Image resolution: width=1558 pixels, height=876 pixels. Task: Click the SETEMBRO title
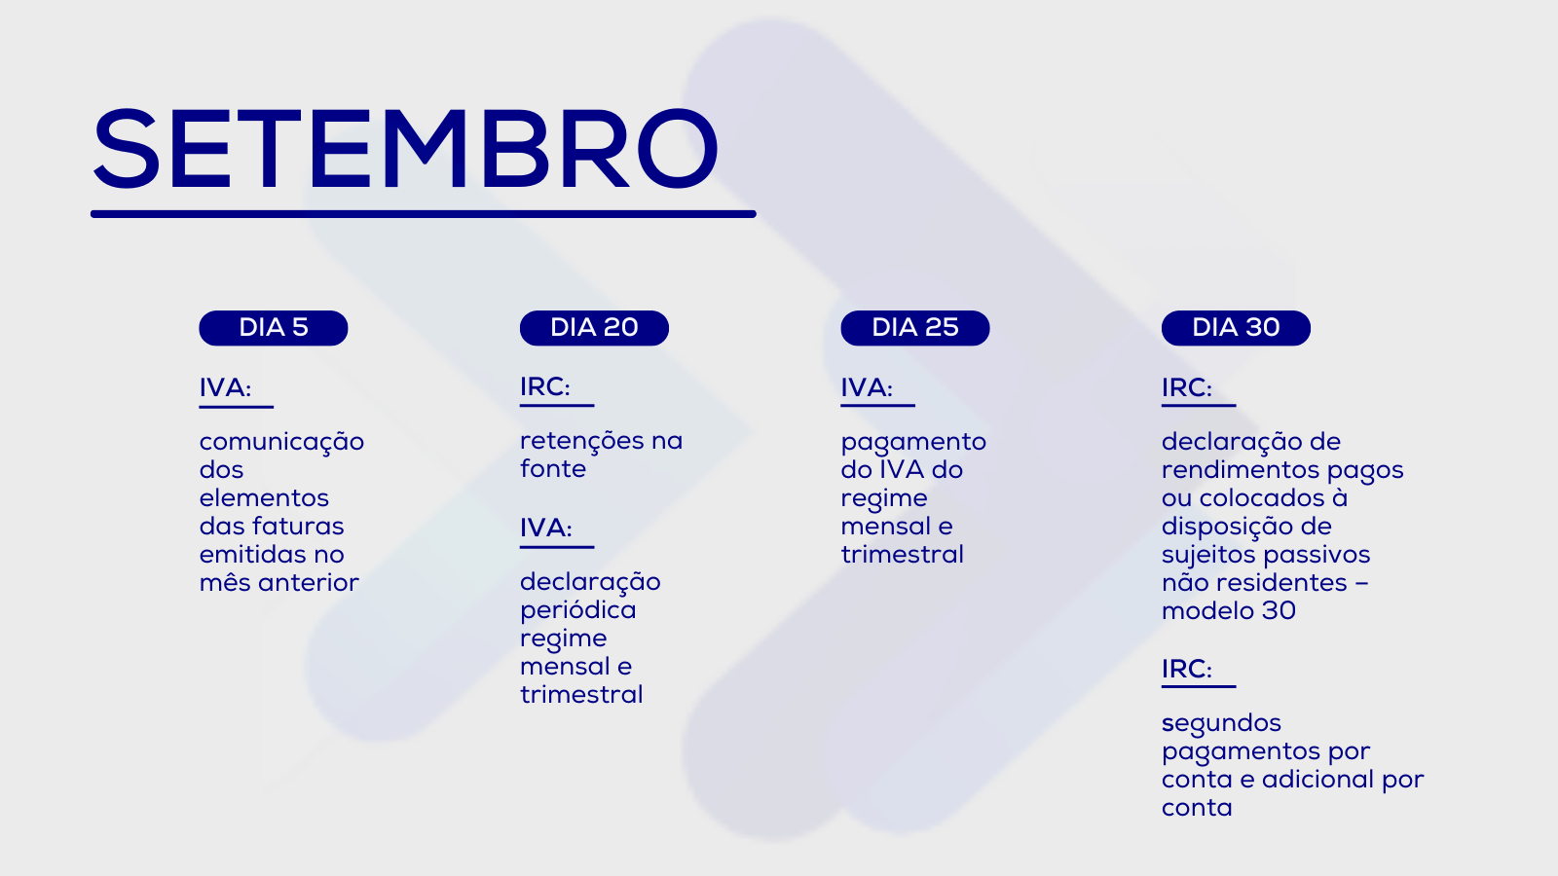click(405, 149)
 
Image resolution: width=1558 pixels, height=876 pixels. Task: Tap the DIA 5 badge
click(274, 327)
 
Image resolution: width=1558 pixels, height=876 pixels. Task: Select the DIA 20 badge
click(594, 327)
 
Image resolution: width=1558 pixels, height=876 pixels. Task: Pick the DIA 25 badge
click(914, 327)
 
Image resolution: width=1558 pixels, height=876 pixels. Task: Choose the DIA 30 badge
click(1236, 327)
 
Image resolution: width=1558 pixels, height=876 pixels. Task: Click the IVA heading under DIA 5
click(225, 388)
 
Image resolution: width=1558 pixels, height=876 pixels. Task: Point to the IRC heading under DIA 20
click(544, 387)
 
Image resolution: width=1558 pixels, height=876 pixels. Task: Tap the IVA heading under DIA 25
click(866, 388)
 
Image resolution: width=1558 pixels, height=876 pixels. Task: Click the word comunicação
click(281, 443)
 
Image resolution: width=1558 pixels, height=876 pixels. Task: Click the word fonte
click(553, 468)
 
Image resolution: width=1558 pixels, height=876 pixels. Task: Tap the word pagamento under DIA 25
click(913, 443)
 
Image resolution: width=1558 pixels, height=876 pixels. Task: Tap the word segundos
click(1221, 724)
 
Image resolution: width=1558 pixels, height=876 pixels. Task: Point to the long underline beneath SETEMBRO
click(423, 214)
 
